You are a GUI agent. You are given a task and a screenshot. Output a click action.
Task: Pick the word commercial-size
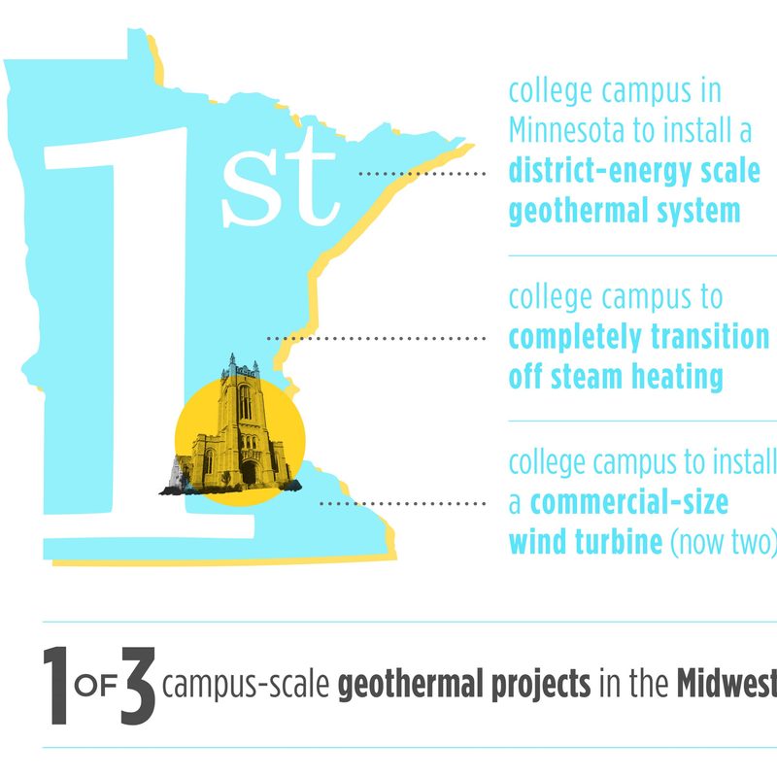click(629, 503)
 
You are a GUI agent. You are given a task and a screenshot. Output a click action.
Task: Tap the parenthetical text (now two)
click(724, 542)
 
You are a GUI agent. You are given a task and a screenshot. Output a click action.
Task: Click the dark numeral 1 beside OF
click(56, 685)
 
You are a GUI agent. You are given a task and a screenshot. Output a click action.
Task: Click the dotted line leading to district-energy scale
click(422, 174)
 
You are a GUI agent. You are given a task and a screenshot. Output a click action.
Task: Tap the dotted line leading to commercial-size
click(402, 504)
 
